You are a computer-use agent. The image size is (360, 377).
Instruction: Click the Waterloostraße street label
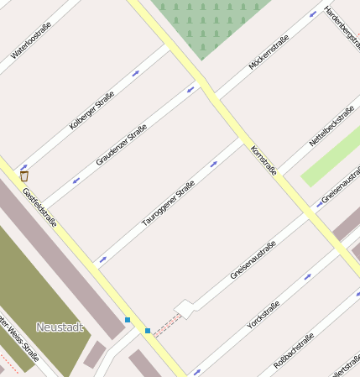[x=31, y=40]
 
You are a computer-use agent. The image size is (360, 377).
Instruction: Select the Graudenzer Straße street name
[x=122, y=144]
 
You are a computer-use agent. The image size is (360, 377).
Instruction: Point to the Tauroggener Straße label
[x=168, y=202]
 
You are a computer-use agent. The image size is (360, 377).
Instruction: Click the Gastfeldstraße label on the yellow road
[x=39, y=207]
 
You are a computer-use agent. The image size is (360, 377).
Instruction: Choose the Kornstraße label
[x=263, y=160]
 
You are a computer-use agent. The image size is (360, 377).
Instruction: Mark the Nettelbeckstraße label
[x=331, y=126]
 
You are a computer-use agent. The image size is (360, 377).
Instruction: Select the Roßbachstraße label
[x=294, y=351]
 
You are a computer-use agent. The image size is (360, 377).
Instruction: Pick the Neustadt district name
[x=60, y=327]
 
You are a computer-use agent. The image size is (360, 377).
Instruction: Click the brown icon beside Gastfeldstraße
[x=24, y=175]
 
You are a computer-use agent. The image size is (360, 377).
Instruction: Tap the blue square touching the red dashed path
[x=148, y=331]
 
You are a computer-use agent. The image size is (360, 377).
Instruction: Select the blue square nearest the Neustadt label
[x=128, y=320]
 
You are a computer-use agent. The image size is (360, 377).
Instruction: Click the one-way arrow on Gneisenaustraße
[x=319, y=203]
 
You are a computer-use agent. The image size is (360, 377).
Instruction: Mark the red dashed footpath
[x=165, y=322]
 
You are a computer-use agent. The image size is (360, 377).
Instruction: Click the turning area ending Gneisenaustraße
[x=185, y=308]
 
